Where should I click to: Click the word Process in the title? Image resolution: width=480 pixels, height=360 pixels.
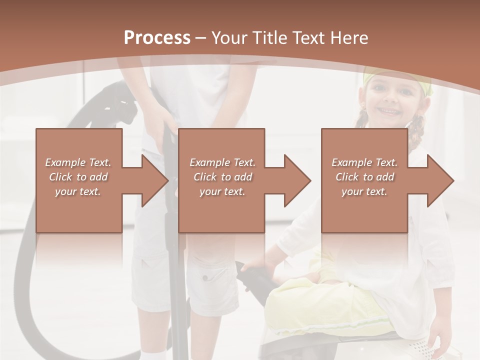tap(157, 38)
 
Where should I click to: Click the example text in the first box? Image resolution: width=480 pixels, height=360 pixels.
tap(78, 177)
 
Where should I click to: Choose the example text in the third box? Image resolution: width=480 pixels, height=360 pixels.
tap(364, 177)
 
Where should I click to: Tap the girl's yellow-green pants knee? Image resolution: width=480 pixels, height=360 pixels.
tap(290, 305)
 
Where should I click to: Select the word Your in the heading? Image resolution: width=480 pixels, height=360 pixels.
tap(228, 38)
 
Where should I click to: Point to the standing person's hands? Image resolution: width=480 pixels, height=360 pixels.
tap(167, 132)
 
